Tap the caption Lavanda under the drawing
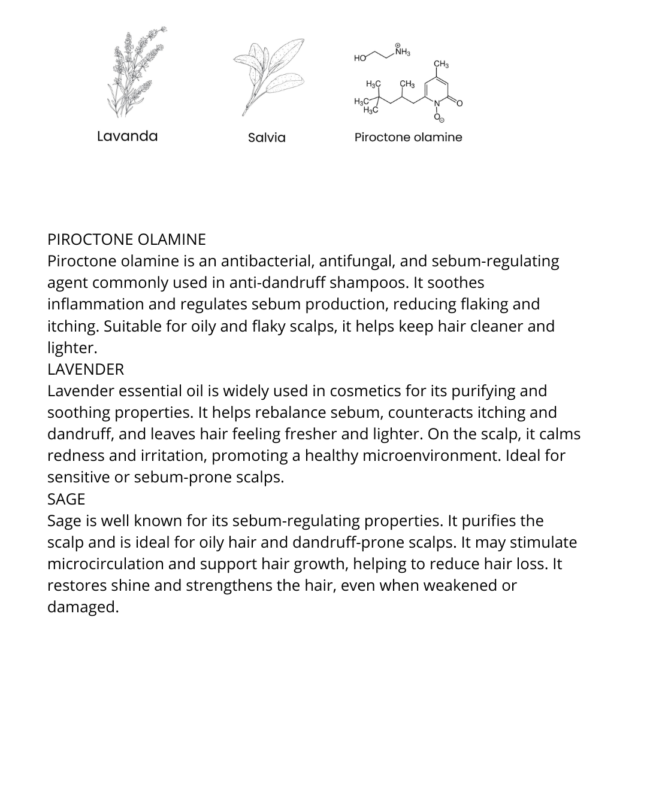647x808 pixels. click(127, 136)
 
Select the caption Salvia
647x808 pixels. click(267, 138)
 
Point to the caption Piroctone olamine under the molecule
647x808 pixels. click(408, 137)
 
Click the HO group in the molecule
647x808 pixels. click(359, 58)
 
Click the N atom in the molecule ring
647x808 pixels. click(437, 104)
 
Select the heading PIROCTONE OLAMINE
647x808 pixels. click(126, 239)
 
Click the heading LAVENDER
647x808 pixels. click(86, 369)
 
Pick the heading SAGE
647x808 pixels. click(66, 499)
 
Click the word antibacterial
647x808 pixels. click(267, 261)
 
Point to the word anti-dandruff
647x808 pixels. click(278, 283)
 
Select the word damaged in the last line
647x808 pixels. click(83, 607)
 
